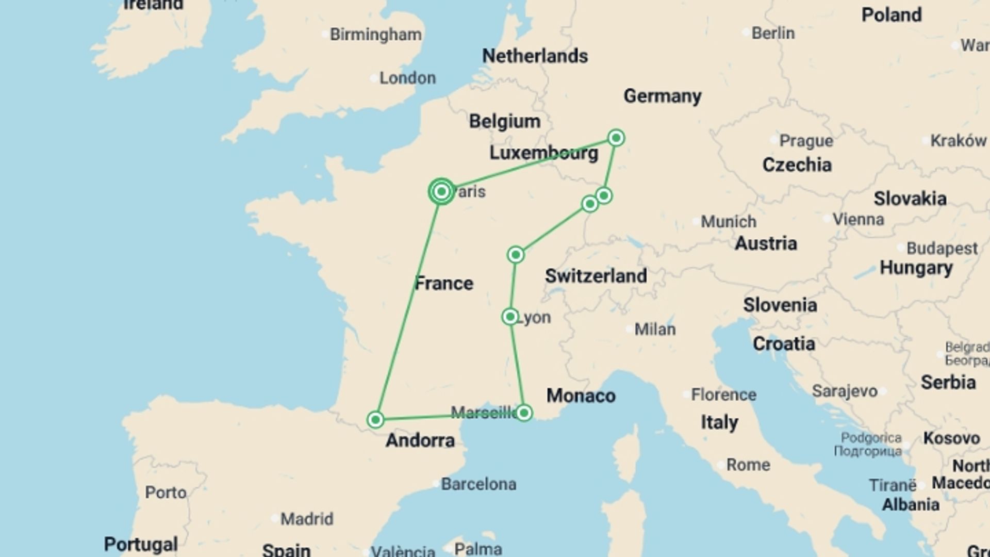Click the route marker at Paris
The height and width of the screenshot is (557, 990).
[441, 192]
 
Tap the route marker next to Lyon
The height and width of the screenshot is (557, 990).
[510, 317]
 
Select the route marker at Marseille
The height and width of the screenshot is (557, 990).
[524, 413]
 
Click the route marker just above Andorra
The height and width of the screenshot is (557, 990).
[375, 420]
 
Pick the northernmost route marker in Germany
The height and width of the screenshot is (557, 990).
[616, 138]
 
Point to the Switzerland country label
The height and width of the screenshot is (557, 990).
[596, 276]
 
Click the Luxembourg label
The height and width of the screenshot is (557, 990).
[543, 153]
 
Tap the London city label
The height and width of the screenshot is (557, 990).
[407, 78]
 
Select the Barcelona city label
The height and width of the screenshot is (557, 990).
[478, 484]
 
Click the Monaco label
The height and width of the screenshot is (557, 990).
[581, 396]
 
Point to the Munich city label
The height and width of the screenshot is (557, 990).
[729, 222]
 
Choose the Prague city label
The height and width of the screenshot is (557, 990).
[806, 141]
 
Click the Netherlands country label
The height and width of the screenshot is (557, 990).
[535, 56]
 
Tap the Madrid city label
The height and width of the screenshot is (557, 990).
[307, 519]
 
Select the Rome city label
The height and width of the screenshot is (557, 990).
[748, 465]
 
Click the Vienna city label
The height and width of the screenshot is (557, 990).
[859, 219]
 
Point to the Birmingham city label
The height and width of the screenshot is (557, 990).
[375, 35]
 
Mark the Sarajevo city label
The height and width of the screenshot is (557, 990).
[845, 391]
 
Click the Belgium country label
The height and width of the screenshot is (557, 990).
[505, 121]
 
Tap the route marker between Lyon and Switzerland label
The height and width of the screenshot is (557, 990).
[516, 255]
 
